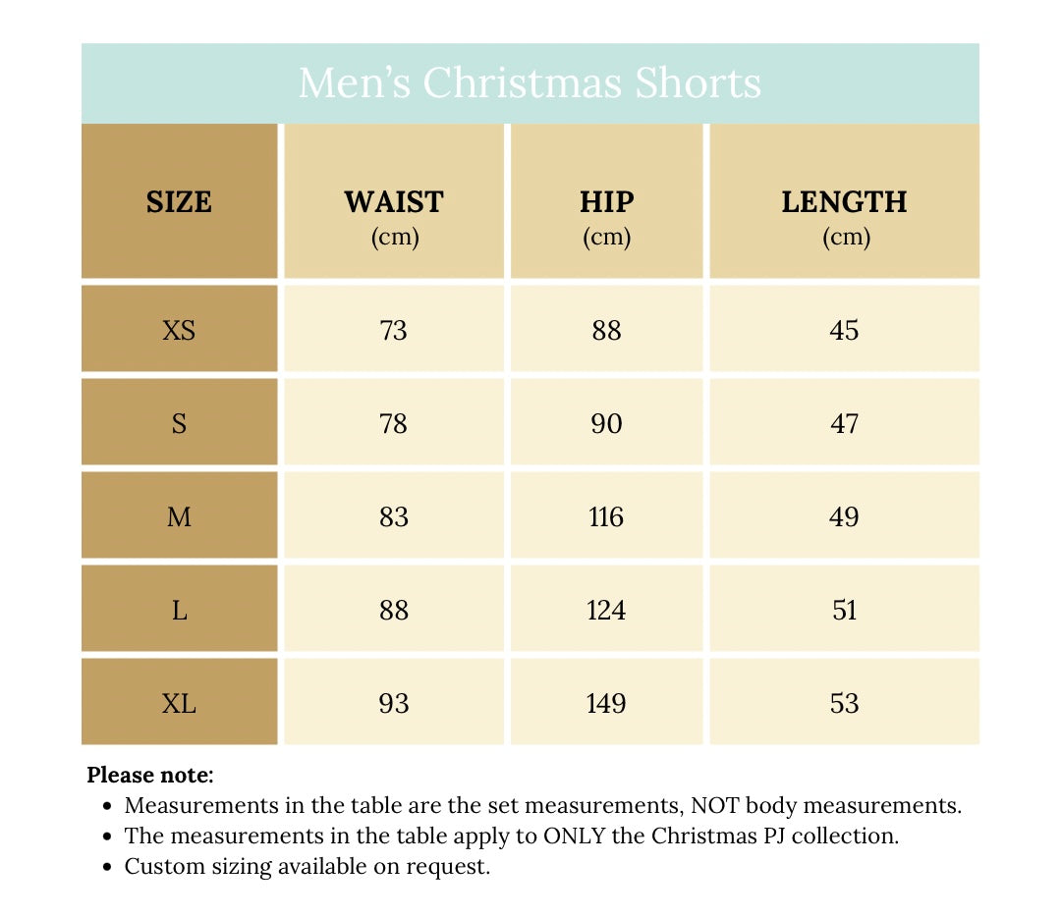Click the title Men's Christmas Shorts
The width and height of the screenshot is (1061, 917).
(x=530, y=83)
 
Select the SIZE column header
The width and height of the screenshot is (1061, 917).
(x=179, y=202)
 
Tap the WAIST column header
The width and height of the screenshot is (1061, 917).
(x=393, y=202)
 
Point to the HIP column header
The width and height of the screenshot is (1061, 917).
(x=606, y=202)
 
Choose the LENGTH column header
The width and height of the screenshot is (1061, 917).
(x=844, y=202)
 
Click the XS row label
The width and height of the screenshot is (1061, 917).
(x=179, y=330)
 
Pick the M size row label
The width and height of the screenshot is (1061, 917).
(x=179, y=517)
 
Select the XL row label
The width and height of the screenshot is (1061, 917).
(x=179, y=704)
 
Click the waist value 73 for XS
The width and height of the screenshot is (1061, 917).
(x=393, y=330)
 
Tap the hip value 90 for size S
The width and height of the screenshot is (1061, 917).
(x=606, y=424)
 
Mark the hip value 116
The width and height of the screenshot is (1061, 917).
(x=606, y=517)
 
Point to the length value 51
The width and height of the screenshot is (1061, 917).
(x=844, y=611)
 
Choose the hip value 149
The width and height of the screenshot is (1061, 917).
(x=606, y=704)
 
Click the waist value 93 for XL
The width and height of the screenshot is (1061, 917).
(x=393, y=704)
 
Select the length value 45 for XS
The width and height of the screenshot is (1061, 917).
(x=844, y=330)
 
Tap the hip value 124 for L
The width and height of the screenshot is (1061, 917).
(x=606, y=611)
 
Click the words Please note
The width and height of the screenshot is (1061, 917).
(x=149, y=775)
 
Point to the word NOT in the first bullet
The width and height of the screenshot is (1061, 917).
(x=714, y=806)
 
